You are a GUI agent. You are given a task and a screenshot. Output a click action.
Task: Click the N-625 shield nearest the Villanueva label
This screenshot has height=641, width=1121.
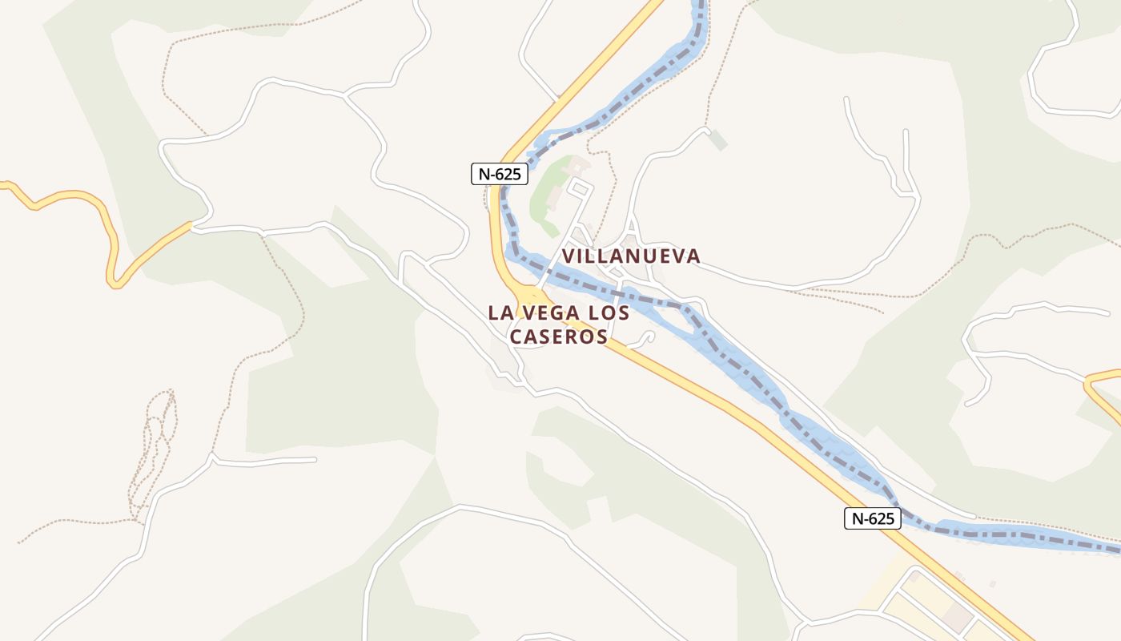click(x=500, y=174)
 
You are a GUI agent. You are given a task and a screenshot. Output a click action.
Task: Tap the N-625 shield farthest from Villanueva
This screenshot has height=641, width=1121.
click(x=873, y=518)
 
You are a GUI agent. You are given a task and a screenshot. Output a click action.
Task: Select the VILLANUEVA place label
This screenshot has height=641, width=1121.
click(x=631, y=256)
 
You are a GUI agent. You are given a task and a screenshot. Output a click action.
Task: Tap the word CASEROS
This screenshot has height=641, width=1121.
click(x=559, y=337)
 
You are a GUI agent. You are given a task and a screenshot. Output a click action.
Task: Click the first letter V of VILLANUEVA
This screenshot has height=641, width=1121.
click(x=568, y=256)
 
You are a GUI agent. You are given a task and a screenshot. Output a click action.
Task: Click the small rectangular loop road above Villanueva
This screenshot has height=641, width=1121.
click(x=581, y=189)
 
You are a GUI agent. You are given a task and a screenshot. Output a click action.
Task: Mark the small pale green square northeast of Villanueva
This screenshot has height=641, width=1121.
click(x=718, y=140)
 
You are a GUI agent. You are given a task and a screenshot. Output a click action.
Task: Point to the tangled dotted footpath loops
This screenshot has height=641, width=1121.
click(x=154, y=449)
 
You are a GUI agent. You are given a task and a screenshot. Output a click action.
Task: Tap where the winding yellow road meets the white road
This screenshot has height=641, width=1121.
click(x=191, y=226)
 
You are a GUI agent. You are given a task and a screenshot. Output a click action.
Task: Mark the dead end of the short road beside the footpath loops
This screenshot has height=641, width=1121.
click(x=315, y=460)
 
